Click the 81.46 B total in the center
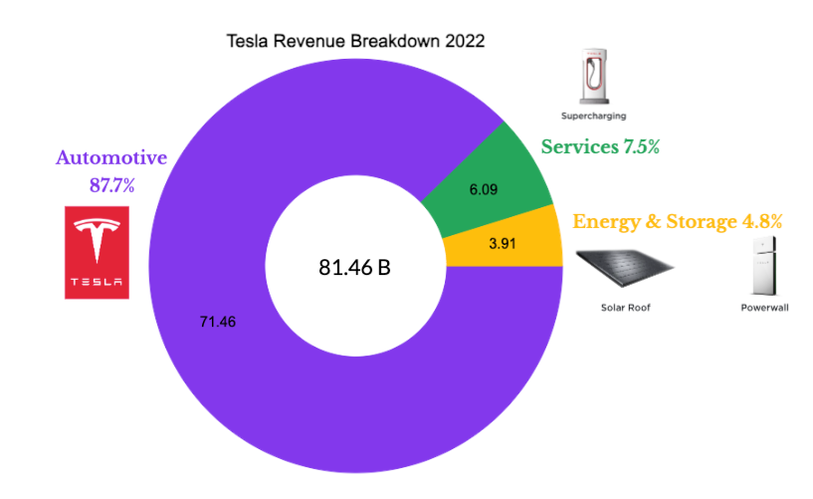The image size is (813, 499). [x=354, y=267]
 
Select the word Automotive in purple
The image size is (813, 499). [x=110, y=157]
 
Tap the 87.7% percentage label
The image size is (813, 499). [x=110, y=183]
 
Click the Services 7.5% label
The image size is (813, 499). [x=600, y=147]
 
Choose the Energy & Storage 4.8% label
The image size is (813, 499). [x=677, y=221]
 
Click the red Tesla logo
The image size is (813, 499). [x=97, y=252]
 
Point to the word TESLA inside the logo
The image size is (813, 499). [x=97, y=284]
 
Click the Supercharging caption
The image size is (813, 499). [x=594, y=117]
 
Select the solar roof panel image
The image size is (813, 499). [x=625, y=269]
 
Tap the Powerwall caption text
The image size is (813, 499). [x=764, y=308]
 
